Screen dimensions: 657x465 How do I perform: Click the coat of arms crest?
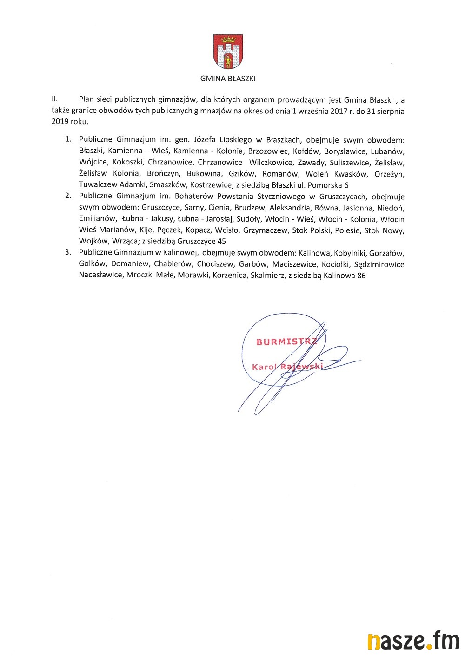tap(228, 52)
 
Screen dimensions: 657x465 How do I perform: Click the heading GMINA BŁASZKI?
tap(228, 79)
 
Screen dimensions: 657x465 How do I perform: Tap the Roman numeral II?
tap(54, 99)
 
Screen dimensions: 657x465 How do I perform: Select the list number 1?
tap(68, 139)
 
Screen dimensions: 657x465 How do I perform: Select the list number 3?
tap(68, 252)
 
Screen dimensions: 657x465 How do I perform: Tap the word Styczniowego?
tap(281, 196)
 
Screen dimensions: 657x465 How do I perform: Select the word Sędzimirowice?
tap(379, 264)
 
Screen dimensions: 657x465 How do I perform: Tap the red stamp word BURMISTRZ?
tap(286, 342)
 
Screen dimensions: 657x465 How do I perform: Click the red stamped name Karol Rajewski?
tap(287, 367)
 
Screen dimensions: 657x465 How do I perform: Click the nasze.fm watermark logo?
tap(413, 641)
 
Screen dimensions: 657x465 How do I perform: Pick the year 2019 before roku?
tap(60, 122)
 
